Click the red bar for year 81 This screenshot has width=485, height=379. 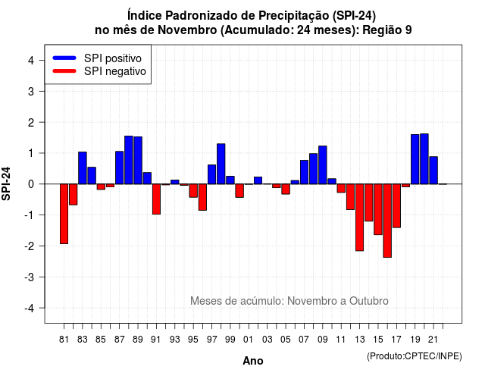[64, 214]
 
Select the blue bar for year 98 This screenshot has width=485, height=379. [221, 164]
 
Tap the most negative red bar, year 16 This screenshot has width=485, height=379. [387, 221]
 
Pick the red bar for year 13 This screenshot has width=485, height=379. [359, 218]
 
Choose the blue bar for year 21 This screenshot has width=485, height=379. [433, 170]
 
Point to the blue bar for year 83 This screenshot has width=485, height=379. [83, 168]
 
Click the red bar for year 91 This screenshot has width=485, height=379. [157, 199]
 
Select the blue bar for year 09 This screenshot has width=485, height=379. [323, 165]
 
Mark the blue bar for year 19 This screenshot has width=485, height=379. [415, 159]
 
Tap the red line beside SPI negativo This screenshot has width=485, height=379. [64, 71]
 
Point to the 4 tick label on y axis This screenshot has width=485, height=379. [31, 61]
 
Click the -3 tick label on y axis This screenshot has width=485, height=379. [30, 277]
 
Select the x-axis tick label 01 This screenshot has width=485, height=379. [249, 340]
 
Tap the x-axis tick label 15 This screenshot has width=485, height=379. [378, 340]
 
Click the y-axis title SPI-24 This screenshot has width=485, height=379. [6, 183]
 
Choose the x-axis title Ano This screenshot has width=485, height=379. [253, 361]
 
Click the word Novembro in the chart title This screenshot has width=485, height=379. [187, 30]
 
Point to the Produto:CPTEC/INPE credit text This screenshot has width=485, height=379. [415, 356]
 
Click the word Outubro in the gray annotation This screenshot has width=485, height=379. [369, 301]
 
